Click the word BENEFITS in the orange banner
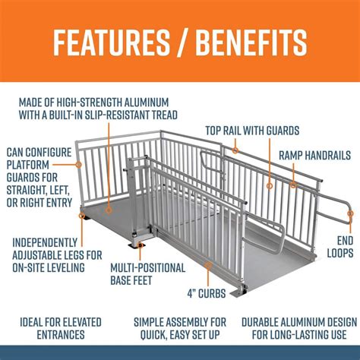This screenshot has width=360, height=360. point(251,43)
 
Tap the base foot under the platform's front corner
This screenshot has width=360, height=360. point(139,243)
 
